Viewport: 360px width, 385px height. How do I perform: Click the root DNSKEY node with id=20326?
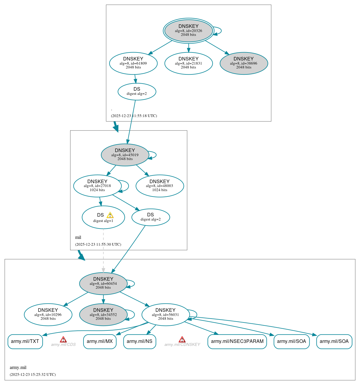tap(188, 31)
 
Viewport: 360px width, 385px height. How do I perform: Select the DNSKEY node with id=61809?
tap(133, 63)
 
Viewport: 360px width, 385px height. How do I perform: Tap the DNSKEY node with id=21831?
tap(188, 63)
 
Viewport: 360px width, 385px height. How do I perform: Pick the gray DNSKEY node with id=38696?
tap(244, 63)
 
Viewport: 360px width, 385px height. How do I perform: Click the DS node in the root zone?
tap(137, 92)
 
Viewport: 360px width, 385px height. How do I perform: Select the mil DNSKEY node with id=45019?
tap(125, 155)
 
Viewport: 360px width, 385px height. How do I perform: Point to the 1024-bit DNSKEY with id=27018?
tap(97, 186)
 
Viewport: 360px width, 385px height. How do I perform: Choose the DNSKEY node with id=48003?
tap(160, 186)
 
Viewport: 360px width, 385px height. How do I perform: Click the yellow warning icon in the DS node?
tap(110, 215)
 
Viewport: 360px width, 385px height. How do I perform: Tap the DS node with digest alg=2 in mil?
tap(150, 217)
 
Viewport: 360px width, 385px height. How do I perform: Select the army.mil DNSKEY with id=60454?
tap(103, 283)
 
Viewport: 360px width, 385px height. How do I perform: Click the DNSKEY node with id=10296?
tap(48, 314)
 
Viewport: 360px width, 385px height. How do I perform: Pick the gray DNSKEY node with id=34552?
tap(103, 314)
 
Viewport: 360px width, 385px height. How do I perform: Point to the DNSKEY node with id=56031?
tap(165, 314)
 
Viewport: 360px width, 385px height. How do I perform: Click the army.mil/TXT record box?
tap(25, 341)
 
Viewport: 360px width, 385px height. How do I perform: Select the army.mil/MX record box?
tap(100, 341)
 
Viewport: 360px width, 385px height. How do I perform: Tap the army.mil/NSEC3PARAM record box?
tap(237, 341)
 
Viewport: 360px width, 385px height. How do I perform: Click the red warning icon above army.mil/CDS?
tap(63, 339)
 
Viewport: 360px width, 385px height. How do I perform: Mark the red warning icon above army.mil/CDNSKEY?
tap(182, 339)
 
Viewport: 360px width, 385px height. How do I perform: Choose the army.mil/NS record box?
tap(139, 341)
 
